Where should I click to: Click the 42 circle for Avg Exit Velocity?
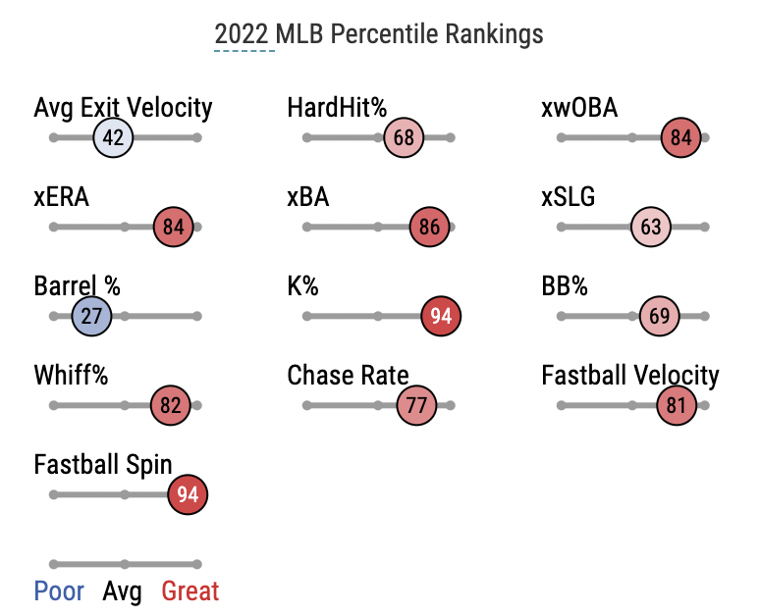(x=114, y=138)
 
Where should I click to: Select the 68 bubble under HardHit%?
(x=404, y=138)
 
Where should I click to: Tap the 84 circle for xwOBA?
(x=681, y=138)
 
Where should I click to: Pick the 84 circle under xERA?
(x=174, y=228)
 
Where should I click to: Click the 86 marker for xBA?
(x=429, y=228)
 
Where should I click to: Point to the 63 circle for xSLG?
(x=651, y=228)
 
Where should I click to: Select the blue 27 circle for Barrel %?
(x=92, y=317)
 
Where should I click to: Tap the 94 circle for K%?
(x=441, y=317)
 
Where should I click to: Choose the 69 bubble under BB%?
(x=660, y=317)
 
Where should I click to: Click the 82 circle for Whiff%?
(x=171, y=406)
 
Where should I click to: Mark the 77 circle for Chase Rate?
(x=416, y=406)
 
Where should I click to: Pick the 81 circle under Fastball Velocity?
(x=677, y=406)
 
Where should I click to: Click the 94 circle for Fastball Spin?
(x=188, y=495)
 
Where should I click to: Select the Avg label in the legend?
(x=122, y=591)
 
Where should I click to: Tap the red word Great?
(x=190, y=591)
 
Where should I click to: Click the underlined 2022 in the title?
(x=242, y=34)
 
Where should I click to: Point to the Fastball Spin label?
(x=103, y=465)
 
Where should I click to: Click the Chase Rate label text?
(x=348, y=376)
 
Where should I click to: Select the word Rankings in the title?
(x=494, y=34)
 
